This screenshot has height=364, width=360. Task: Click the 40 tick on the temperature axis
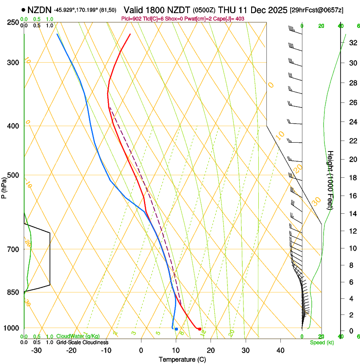tap(280, 350)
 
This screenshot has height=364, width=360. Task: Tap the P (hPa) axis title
tap(4, 186)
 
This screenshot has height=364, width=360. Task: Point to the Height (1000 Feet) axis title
tap(330, 180)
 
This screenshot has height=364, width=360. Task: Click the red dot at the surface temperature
tap(199, 329)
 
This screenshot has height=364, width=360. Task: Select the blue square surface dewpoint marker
tap(176, 329)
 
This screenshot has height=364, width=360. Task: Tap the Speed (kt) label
tap(321, 342)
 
